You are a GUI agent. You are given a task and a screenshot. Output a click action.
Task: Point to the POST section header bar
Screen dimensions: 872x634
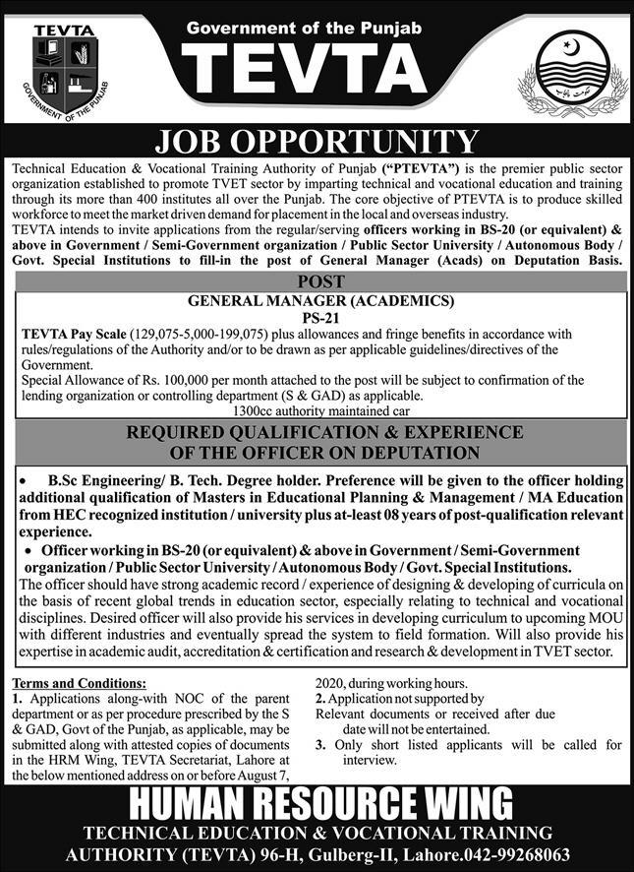pyautogui.click(x=317, y=281)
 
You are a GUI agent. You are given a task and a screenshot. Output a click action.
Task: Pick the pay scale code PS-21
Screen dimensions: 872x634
pyautogui.click(x=317, y=317)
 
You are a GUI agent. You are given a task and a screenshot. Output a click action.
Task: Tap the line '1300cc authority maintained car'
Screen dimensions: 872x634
pyautogui.click(x=316, y=410)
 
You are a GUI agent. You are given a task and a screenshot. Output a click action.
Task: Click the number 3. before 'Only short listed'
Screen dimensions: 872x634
pyautogui.click(x=320, y=745)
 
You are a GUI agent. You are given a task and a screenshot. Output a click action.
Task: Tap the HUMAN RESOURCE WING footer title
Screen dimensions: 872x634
pyautogui.click(x=317, y=803)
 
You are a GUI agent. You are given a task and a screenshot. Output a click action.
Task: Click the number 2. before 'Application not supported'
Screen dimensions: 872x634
pyautogui.click(x=320, y=698)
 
